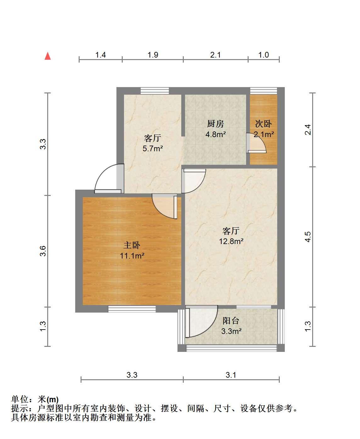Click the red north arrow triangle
48,56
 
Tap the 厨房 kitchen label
216,124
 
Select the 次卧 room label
263,124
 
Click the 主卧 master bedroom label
132,245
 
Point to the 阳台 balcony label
231,321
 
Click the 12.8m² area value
231,241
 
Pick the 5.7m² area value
153,148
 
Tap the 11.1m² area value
132,256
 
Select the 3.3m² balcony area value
231,331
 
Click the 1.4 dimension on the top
100,55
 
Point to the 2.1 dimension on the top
215,55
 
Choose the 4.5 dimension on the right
308,237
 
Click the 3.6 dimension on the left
43,251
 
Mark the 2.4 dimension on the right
308,130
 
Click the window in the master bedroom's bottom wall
132,309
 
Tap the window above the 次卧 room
263,91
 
